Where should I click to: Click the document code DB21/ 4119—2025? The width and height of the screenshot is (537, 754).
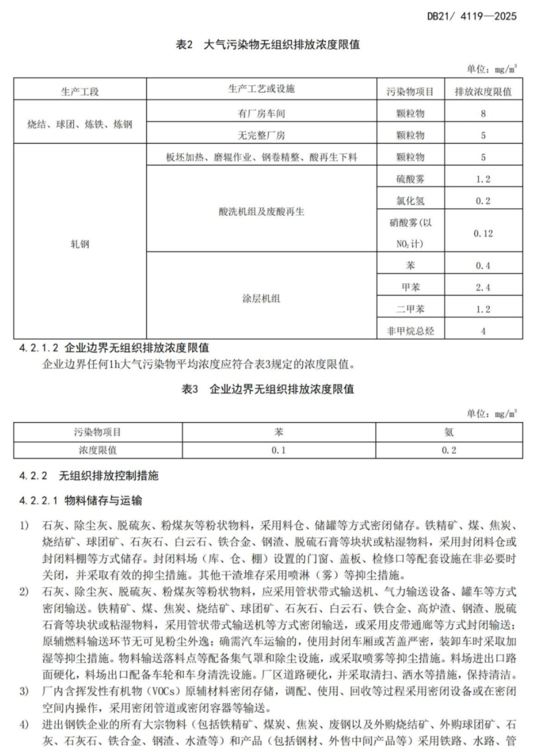coord(471,16)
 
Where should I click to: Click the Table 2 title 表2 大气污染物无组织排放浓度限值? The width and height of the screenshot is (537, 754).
coord(268,45)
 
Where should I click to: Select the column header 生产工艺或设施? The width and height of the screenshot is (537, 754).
coord(262,89)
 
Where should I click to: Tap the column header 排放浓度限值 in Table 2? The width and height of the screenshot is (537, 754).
coord(483,92)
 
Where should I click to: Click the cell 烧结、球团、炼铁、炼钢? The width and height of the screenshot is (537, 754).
coord(80,124)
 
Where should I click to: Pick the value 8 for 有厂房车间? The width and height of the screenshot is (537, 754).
coord(483,113)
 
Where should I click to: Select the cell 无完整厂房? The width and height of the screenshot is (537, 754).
coord(262,135)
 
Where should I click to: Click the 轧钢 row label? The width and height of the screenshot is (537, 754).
coord(80,244)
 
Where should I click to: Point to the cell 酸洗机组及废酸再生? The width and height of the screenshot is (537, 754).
coord(262,211)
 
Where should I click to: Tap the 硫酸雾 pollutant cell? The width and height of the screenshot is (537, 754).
coord(410,179)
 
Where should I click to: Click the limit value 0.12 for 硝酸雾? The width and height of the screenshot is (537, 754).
coord(483,233)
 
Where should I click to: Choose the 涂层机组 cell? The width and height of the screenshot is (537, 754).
coord(262,299)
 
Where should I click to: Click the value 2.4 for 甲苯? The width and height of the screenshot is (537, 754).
coord(483,287)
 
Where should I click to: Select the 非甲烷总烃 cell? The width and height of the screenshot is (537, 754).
coord(410,331)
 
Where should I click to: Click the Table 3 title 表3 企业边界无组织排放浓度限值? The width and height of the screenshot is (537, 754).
coord(268,389)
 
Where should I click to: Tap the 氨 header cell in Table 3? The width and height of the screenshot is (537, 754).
coord(449,432)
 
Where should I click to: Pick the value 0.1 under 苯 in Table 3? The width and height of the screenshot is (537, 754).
coord(279,450)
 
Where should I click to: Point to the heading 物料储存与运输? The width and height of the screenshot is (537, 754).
coord(103,500)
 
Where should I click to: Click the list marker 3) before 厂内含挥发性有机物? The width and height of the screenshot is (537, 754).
coord(24,691)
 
